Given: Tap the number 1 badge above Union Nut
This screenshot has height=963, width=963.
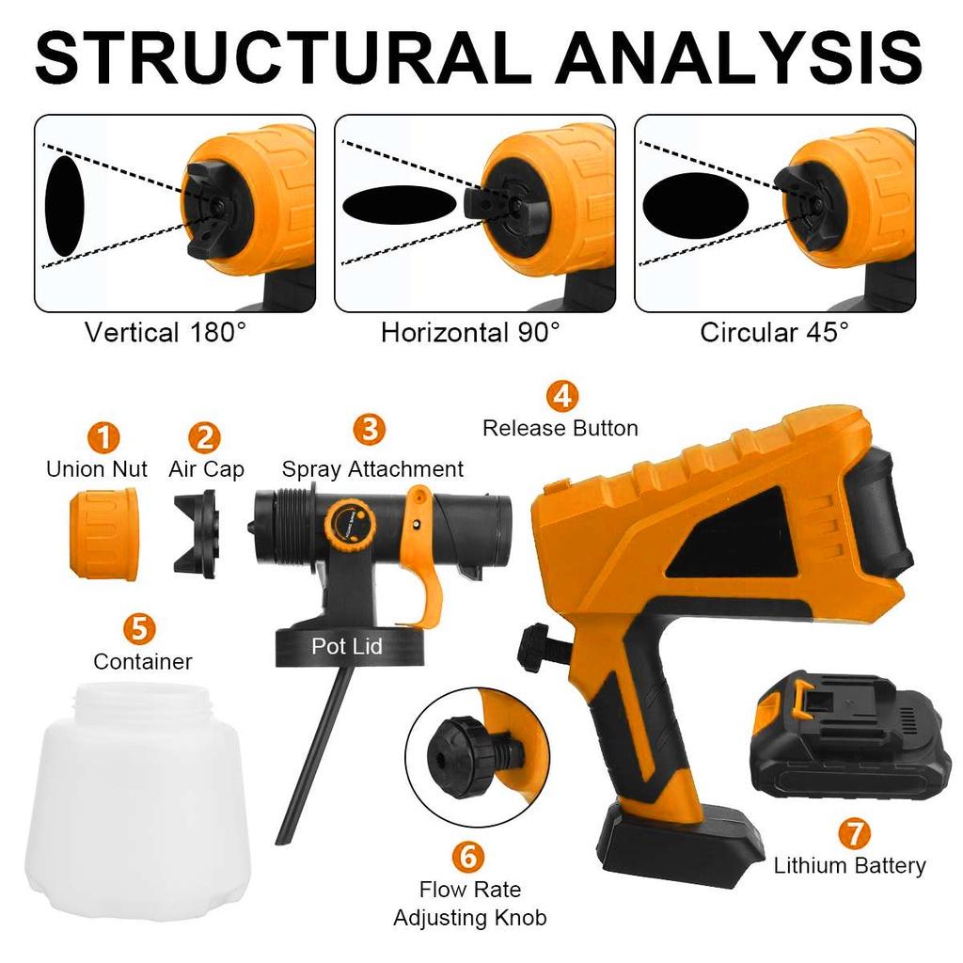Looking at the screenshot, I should pos(104,436).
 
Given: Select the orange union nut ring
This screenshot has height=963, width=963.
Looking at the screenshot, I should pos(103,538).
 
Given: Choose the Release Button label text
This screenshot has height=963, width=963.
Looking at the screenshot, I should pos(560,429).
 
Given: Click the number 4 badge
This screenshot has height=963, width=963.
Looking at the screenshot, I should pos(561,395).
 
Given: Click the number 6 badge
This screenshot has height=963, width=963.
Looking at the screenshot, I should pos(468,856).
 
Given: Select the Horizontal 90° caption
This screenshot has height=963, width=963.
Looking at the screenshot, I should pos(470,333).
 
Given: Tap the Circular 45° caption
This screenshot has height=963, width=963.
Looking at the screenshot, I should pos(774,333).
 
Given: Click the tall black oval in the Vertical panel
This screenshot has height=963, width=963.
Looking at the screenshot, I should pos(65,206).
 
